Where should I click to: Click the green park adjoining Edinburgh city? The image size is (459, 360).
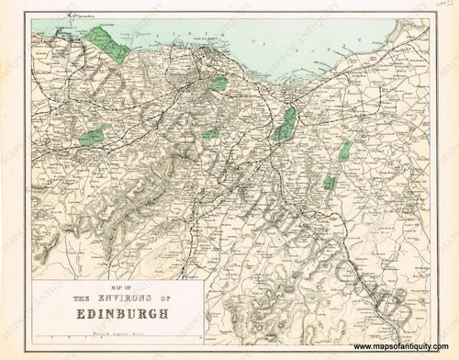tap(218, 84)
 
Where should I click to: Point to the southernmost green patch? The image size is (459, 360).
tap(329, 184)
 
